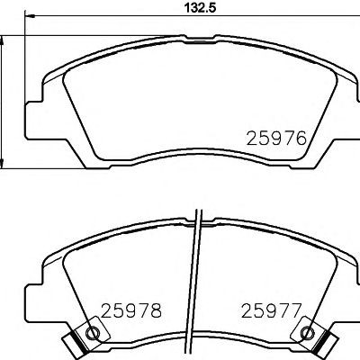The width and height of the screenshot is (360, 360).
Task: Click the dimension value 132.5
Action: coord(200,8)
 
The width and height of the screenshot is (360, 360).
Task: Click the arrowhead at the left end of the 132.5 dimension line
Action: coord(30,16)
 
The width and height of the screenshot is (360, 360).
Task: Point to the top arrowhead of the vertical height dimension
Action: coord(2,41)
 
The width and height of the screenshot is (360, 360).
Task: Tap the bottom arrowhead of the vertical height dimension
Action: coord(2,163)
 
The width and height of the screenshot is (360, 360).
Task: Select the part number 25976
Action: coord(276,139)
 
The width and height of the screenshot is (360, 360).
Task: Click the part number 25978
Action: coord(131,310)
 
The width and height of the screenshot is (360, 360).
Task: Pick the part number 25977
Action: coord(271,310)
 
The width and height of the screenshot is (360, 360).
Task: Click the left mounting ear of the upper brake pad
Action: coord(34,121)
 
